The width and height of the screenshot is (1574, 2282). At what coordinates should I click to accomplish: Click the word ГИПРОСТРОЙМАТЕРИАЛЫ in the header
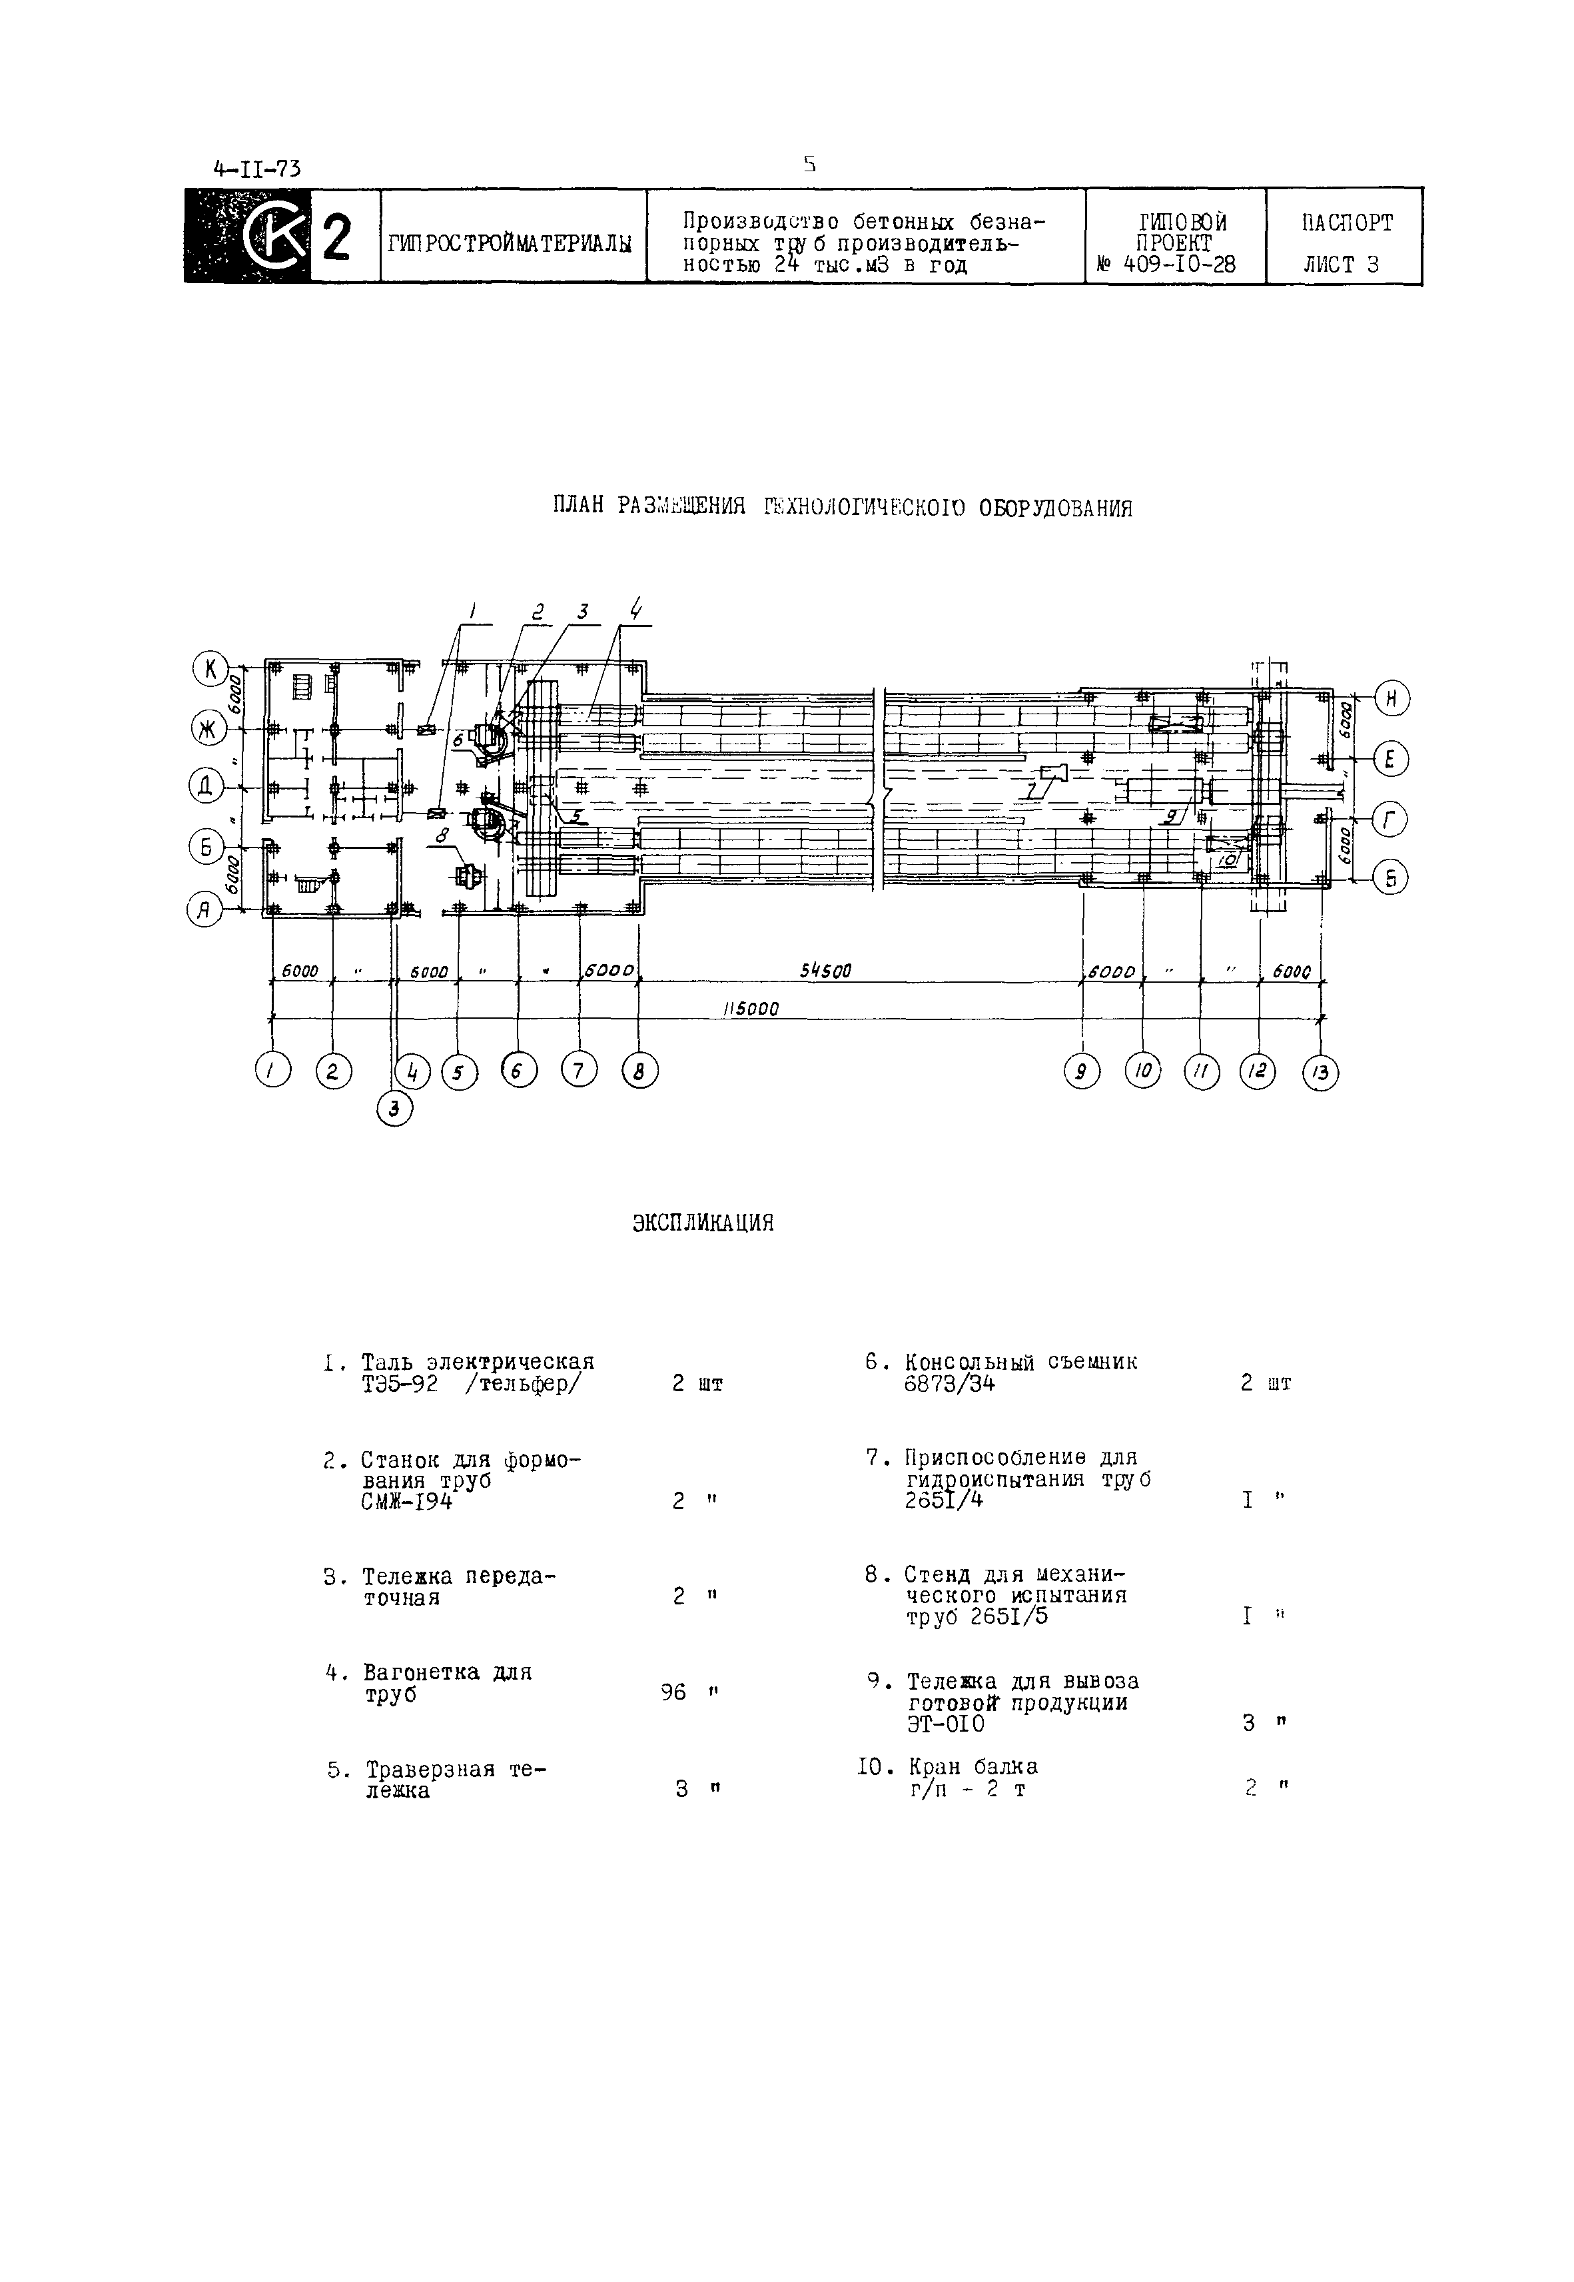coord(510,243)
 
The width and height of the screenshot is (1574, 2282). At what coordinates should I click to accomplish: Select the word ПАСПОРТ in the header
coord(1346,223)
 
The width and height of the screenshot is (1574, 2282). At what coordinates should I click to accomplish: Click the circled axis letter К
coord(210,670)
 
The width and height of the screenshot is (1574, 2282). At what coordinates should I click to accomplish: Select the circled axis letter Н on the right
coord(1391,698)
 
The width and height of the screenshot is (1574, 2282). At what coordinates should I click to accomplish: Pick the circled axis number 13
coord(1320,1072)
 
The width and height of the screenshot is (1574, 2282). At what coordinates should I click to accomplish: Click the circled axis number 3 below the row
coord(394,1109)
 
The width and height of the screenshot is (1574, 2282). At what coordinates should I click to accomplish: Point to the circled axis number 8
coord(639,1071)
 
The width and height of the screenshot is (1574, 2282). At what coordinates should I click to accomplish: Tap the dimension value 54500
coord(825,971)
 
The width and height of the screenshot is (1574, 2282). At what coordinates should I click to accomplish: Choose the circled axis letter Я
coord(203,910)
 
